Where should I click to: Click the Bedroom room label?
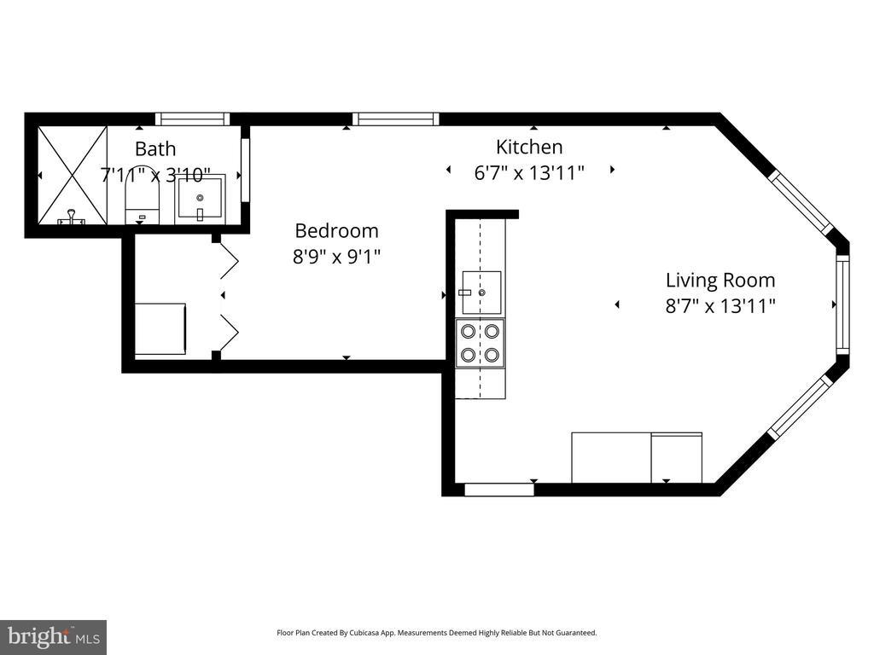(336, 230)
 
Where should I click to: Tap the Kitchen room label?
(529, 147)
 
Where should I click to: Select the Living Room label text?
(720, 280)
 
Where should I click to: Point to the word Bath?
(155, 148)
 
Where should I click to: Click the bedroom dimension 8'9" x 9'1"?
(336, 257)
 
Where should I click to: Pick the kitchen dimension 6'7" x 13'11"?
(529, 172)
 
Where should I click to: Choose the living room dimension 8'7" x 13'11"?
(720, 306)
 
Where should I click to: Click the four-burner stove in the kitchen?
(480, 343)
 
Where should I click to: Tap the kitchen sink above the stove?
(481, 293)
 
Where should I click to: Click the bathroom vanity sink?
(200, 200)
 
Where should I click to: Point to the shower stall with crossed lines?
(72, 176)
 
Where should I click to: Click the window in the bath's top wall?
(192, 119)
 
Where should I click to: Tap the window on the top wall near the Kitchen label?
(396, 119)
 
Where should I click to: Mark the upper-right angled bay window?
(801, 201)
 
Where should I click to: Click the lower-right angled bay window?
(801, 406)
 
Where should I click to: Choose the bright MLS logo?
(54, 637)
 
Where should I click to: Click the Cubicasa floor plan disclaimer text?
(437, 633)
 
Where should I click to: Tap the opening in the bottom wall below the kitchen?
(499, 490)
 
